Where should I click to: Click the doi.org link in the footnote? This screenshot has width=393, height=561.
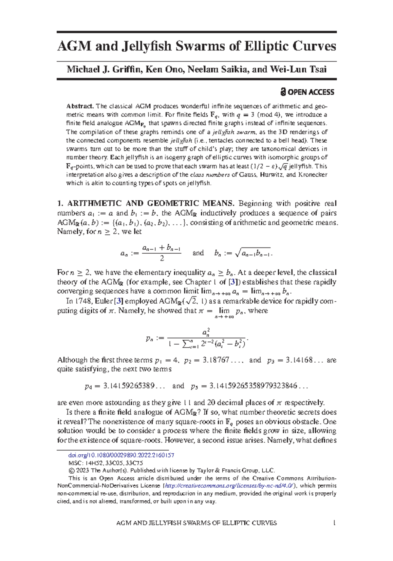121,455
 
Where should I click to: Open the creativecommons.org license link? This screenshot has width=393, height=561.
230,486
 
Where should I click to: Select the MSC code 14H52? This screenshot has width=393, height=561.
94,463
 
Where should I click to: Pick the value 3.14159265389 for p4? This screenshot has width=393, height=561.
129,386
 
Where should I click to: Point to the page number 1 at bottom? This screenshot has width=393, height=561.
334,523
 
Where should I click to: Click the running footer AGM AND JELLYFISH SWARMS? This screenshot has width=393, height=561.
196,523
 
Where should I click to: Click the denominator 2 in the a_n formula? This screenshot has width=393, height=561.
161,259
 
